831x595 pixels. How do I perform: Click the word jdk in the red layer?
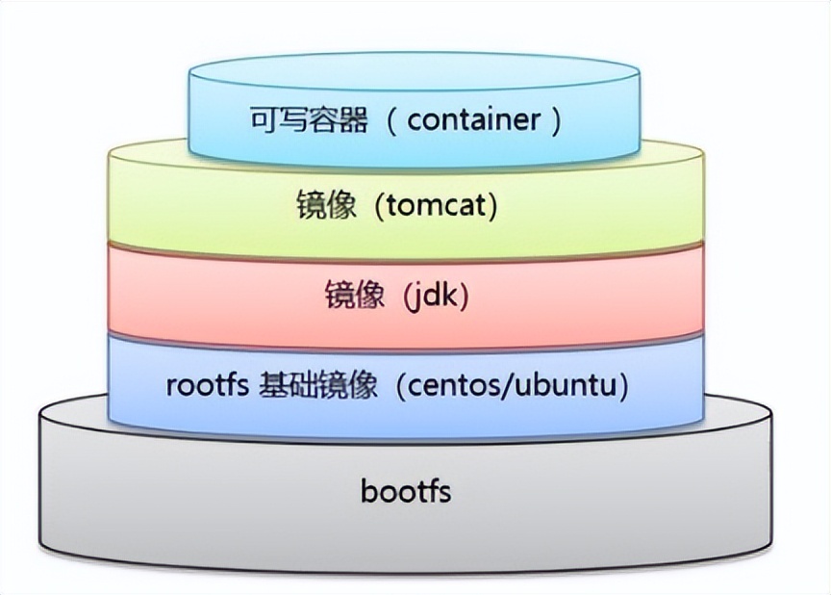click(439, 297)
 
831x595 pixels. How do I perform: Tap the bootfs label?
click(406, 492)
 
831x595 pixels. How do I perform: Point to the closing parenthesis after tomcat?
click(492, 207)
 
